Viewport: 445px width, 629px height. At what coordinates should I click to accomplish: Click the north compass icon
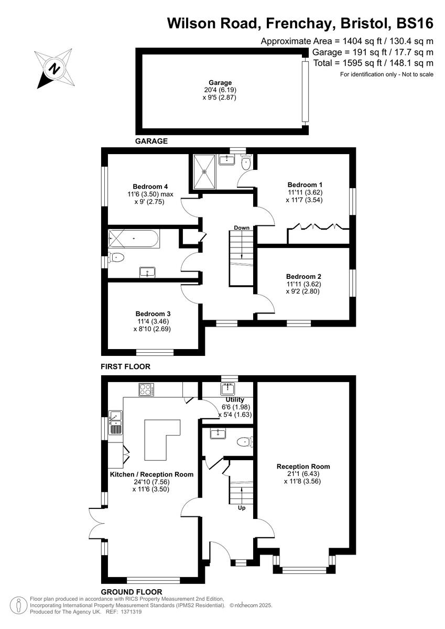click(53, 68)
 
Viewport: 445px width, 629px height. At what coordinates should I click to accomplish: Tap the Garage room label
click(220, 83)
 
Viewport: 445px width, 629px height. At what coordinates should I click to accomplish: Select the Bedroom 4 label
click(150, 187)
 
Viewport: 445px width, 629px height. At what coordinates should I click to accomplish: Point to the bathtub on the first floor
click(134, 239)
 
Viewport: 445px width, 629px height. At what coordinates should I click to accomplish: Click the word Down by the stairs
click(242, 228)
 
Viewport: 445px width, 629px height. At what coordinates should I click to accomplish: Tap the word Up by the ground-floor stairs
click(242, 508)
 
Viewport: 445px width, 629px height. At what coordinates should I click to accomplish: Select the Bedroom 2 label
click(303, 277)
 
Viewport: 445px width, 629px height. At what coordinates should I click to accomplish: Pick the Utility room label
click(235, 400)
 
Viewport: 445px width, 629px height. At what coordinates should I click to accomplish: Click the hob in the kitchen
click(146, 389)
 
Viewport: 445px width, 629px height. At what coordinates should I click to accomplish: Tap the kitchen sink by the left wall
click(115, 423)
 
